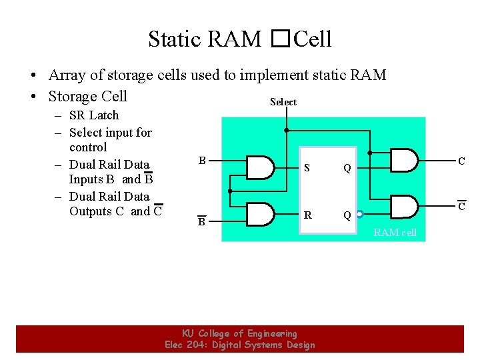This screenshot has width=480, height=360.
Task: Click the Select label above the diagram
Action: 283,102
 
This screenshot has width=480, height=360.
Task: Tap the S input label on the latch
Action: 307,168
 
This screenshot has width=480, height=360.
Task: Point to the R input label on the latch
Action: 307,215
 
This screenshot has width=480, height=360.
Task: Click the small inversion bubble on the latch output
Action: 359,215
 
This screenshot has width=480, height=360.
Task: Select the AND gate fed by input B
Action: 261,167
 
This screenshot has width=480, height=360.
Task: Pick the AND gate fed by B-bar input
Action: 261,214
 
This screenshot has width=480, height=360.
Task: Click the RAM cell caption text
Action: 395,232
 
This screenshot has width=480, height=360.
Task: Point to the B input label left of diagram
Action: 201,160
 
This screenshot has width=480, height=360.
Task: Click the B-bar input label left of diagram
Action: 201,221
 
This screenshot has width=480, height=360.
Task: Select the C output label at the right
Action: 461,161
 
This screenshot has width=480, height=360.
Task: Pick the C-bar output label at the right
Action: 461,207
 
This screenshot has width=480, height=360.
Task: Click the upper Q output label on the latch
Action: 347,168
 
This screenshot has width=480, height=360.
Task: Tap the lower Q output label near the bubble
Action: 347,215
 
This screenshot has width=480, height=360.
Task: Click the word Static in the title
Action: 175,39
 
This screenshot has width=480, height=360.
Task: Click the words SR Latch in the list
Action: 93,115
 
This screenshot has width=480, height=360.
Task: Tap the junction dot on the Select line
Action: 287,130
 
